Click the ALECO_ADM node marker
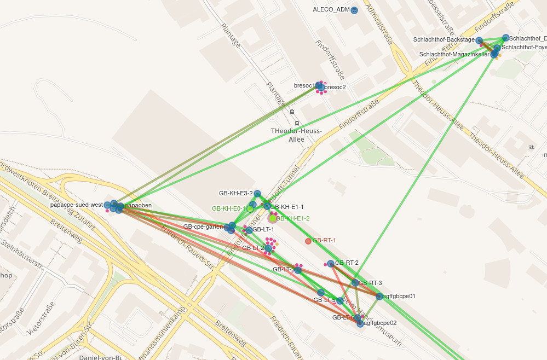354,10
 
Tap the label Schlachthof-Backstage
444,40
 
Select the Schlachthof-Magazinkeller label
454,54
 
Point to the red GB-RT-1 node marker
308,241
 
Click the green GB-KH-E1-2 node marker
273,218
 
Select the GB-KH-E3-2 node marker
257,193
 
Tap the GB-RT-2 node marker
331,263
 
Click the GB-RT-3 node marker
355,283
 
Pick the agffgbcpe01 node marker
379,296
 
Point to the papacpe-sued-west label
76,205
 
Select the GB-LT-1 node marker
249,230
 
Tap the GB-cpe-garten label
203,227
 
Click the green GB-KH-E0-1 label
228,208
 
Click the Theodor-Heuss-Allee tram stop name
296,135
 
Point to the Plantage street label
230,34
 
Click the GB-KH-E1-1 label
287,207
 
